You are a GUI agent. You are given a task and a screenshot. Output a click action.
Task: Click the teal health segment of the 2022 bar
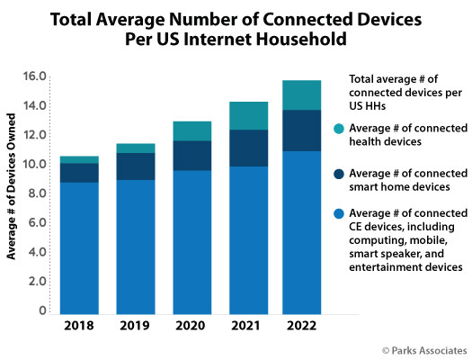tap(301, 95)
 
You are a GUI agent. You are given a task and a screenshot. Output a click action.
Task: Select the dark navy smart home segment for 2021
tap(249, 148)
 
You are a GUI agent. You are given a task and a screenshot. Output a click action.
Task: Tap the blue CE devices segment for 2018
tap(79, 248)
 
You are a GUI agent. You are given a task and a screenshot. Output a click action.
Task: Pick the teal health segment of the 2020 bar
tap(192, 131)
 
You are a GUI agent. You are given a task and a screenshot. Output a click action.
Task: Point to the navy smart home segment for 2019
tap(136, 166)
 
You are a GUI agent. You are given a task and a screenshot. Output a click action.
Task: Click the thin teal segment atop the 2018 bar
tap(79, 160)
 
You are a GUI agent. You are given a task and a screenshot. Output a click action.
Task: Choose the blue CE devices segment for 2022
tap(301, 233)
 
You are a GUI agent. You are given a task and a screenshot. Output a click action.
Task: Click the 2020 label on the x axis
tap(191, 326)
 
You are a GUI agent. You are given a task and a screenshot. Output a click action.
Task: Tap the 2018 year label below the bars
tap(79, 326)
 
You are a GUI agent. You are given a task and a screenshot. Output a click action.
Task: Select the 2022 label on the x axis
tap(301, 326)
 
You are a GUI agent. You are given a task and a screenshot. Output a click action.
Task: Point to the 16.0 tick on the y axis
tap(35, 76)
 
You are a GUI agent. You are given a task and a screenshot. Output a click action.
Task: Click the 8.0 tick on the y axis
tap(38, 193)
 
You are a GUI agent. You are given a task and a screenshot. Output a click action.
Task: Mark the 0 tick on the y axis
tap(42, 310)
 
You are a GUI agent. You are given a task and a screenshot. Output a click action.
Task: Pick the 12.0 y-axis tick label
tap(35, 135)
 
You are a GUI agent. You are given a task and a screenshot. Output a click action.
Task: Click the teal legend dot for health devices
tap(339, 129)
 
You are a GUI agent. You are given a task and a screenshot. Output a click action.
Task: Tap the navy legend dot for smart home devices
tap(339, 174)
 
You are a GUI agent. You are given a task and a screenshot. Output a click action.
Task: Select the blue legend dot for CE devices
tap(339, 213)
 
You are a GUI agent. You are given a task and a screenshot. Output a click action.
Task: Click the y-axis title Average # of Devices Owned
tap(11, 186)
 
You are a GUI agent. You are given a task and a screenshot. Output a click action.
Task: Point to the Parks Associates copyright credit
tap(424, 351)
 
